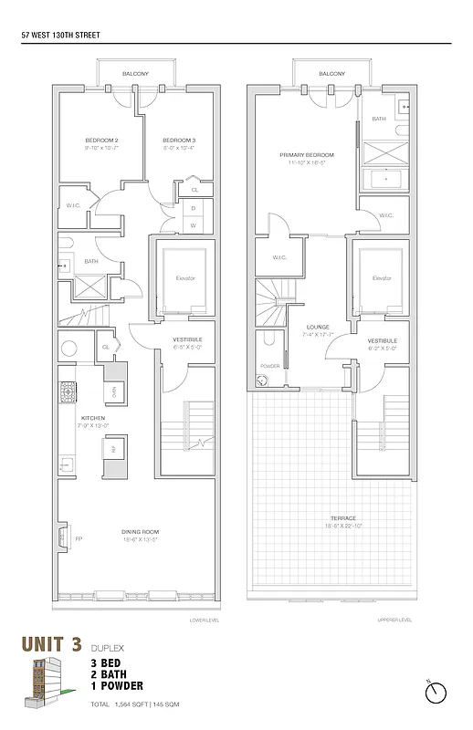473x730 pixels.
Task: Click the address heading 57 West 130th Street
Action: pyautogui.click(x=59, y=36)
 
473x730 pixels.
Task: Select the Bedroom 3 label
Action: pyautogui.click(x=179, y=140)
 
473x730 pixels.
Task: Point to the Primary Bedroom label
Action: pyautogui.click(x=302, y=155)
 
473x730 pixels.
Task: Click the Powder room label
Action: pyautogui.click(x=269, y=366)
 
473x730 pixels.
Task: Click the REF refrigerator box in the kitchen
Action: pyautogui.click(x=113, y=449)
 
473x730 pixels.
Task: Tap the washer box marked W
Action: pyautogui.click(x=193, y=224)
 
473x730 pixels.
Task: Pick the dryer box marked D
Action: pyautogui.click(x=193, y=208)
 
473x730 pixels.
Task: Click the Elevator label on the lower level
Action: pyautogui.click(x=185, y=277)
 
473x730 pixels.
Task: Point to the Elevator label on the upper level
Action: pyautogui.click(x=382, y=277)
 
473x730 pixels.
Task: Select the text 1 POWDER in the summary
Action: pyautogui.click(x=117, y=685)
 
